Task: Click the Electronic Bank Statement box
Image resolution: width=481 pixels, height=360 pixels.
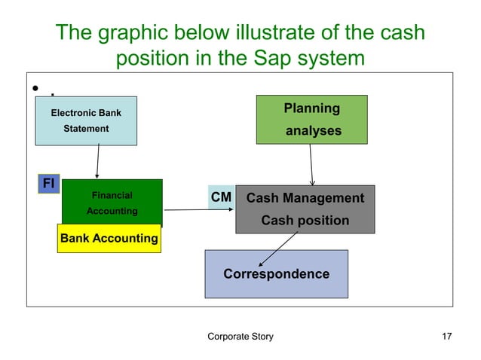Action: click(86, 121)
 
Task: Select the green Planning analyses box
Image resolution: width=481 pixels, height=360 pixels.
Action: click(311, 119)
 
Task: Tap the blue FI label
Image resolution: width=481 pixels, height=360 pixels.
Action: click(49, 183)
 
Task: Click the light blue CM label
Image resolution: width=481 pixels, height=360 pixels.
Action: click(221, 198)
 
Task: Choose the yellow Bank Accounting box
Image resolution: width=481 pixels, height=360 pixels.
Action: click(109, 239)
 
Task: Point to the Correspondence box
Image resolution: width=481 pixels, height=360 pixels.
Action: click(276, 273)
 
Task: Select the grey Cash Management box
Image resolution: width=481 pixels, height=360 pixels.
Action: click(305, 209)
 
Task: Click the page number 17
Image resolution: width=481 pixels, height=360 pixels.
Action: click(446, 336)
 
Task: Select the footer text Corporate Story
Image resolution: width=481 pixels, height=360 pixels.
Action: click(240, 336)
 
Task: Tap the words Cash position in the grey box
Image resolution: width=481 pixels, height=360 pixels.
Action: click(305, 221)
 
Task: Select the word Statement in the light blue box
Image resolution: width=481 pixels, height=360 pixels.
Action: click(86, 129)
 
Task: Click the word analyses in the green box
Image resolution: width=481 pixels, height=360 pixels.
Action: click(312, 131)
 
